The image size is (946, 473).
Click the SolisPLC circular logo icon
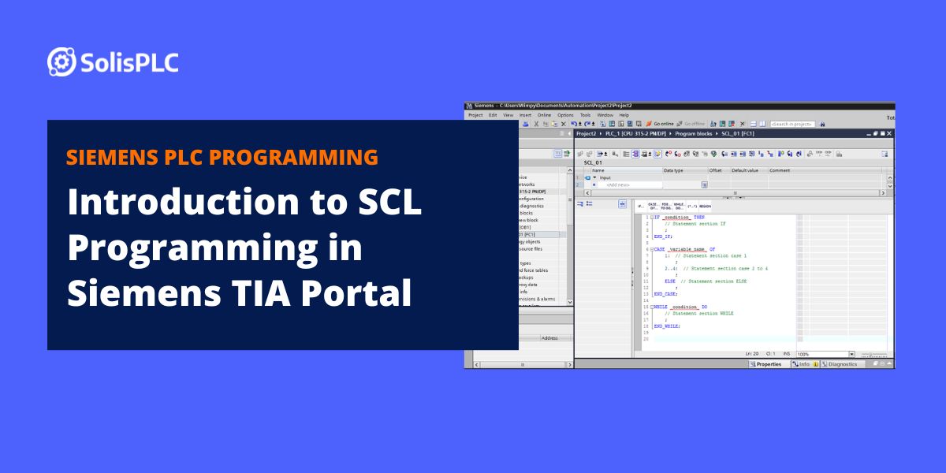coord(61,62)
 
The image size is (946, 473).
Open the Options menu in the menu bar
coord(566,115)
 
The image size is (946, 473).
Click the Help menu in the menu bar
coord(624,115)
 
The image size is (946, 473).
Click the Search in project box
coord(792,124)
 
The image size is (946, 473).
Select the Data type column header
coord(673,170)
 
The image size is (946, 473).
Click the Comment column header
coord(780,170)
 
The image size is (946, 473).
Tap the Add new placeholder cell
coord(617,185)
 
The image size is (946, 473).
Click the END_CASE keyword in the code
coord(665,293)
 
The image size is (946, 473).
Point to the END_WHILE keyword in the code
coord(667,326)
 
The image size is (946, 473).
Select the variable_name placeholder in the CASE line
coord(687,249)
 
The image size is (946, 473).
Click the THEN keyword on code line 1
coord(699,217)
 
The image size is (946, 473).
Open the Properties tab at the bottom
coord(765,364)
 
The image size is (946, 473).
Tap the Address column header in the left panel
coord(549,338)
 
